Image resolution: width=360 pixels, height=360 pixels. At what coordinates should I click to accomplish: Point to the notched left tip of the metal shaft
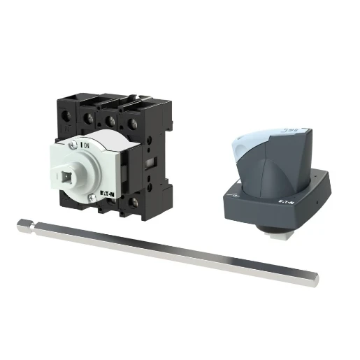(23, 224)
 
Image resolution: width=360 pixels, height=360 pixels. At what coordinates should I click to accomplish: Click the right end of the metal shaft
(314, 280)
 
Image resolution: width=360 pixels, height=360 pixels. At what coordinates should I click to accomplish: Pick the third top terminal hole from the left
(111, 121)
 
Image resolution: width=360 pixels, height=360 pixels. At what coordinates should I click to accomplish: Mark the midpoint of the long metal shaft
(168, 251)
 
